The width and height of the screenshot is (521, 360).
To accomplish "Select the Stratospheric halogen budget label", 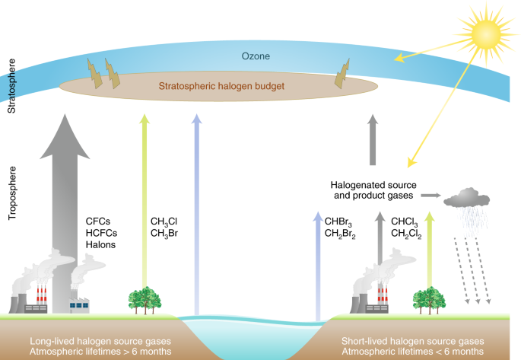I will point(221,87).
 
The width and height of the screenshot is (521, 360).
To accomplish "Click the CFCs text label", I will point(100,221).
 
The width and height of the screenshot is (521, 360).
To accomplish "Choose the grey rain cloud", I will point(467,199).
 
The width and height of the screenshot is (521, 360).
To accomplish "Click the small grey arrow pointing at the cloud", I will point(431,196).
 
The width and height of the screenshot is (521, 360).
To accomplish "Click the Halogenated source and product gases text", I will point(373,190).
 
